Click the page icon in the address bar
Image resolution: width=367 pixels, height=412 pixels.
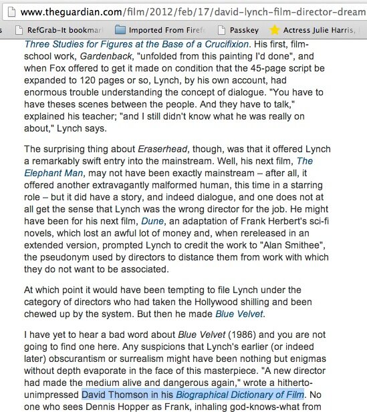[7, 12]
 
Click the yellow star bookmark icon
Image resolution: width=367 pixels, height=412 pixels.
[274, 30]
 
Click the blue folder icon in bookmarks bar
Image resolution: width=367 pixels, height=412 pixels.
[120, 30]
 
